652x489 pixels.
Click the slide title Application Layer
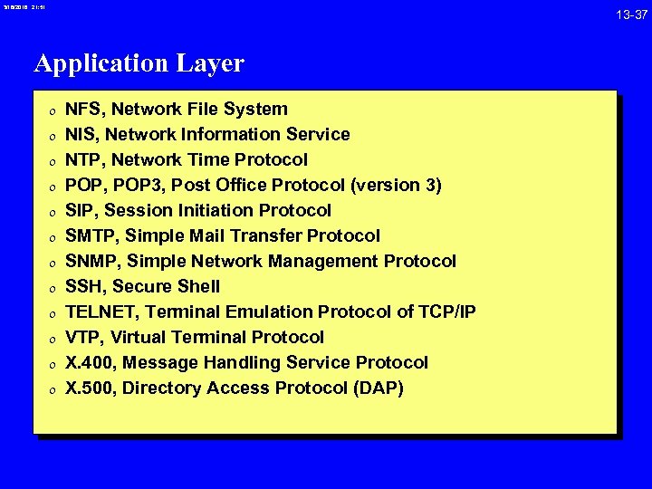click(139, 63)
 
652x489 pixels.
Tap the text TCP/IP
click(448, 312)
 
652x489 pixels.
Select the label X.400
click(89, 362)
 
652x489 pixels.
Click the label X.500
click(89, 388)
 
